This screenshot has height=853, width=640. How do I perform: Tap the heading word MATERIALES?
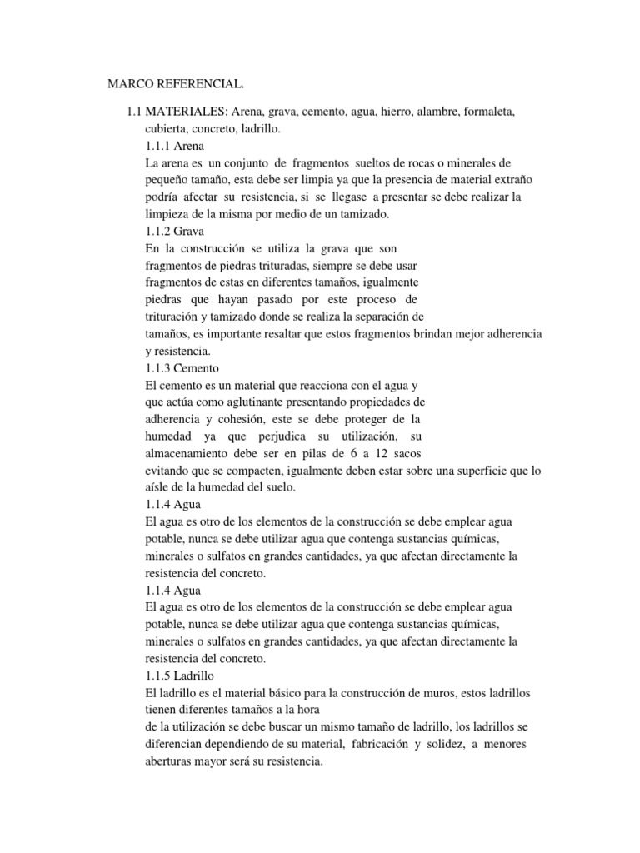[187, 111]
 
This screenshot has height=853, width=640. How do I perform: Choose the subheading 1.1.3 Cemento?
[181, 367]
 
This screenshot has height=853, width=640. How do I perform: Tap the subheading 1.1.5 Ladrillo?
[180, 676]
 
